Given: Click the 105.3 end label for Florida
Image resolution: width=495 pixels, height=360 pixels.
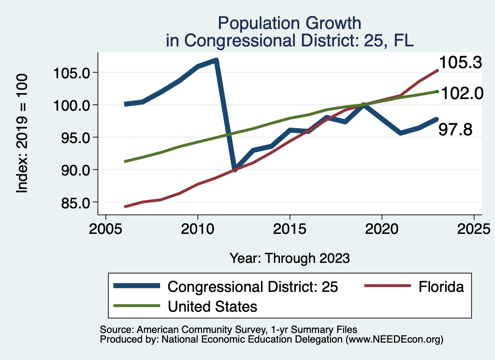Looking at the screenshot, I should click(460, 62).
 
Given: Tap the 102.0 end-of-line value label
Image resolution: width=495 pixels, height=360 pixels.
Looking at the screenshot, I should click(461, 93).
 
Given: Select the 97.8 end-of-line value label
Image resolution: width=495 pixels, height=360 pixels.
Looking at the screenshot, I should click(455, 129).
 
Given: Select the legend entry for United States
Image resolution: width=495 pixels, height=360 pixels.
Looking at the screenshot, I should click(212, 306).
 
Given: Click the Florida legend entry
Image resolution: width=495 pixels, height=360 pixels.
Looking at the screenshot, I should click(440, 287).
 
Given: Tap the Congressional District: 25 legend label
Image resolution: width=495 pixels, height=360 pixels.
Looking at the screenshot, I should click(252, 287).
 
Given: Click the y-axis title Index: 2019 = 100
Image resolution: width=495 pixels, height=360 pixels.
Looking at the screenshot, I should click(22, 134).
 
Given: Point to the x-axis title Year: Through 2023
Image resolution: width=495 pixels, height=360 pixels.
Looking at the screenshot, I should click(289, 258).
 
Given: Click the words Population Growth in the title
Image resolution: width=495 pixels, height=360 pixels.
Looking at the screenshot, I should click(289, 23).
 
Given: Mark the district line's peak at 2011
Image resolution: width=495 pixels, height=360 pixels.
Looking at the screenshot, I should click(216, 60).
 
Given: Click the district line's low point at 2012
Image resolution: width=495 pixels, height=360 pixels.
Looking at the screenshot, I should click(235, 170).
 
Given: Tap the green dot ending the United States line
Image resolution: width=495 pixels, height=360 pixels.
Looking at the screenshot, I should click(437, 91).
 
